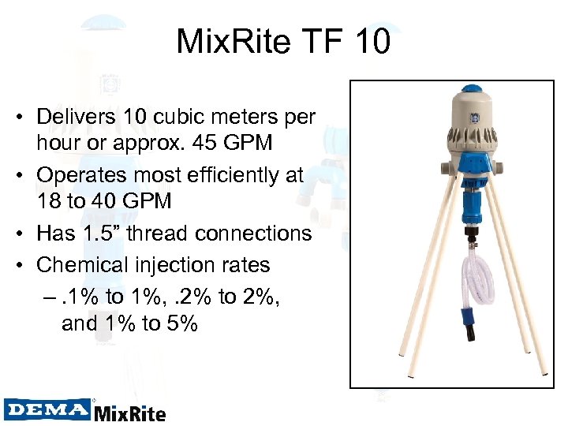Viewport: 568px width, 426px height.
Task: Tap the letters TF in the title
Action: click(x=314, y=41)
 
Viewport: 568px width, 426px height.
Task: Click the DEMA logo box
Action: click(x=47, y=409)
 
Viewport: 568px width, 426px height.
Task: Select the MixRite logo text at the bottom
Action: click(x=130, y=412)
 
